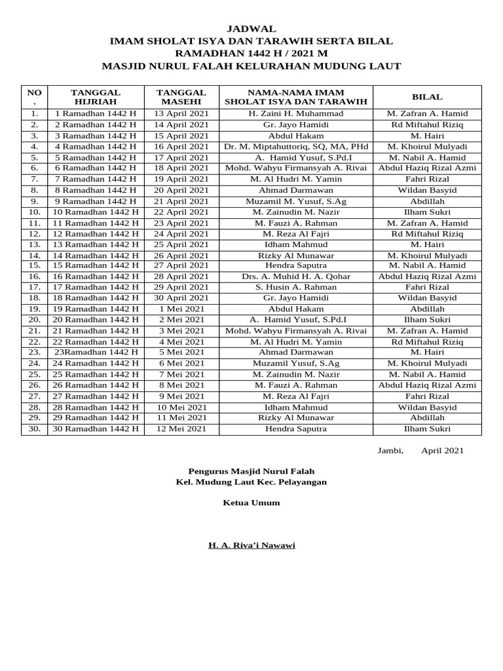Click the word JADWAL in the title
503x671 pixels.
point(251,29)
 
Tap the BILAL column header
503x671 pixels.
point(427,96)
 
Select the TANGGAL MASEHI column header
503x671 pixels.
point(181,97)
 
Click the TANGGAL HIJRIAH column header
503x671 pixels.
point(96,97)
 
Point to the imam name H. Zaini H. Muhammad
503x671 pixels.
point(296,114)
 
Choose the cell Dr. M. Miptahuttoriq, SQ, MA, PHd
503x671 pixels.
point(296,147)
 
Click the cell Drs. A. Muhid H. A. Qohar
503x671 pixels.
point(296,277)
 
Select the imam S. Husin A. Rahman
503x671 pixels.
point(296,288)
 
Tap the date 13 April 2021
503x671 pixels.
point(181,114)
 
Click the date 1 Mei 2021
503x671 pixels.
point(181,309)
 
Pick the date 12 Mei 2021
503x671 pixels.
point(181,429)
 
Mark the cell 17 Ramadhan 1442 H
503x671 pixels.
point(96,288)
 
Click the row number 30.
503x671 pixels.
point(35,429)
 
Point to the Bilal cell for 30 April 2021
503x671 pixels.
point(427,298)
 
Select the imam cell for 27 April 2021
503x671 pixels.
point(296,265)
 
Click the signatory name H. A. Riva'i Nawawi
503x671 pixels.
point(251,545)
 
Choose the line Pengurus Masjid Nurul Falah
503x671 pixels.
point(251,470)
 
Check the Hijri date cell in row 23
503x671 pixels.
point(96,353)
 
